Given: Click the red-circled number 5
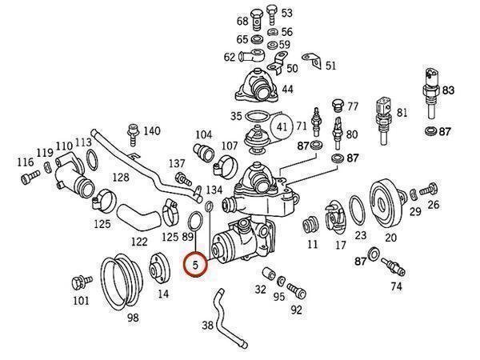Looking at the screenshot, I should tap(195, 263).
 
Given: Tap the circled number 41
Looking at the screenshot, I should tap(281, 126).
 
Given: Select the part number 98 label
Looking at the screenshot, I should tap(134, 318).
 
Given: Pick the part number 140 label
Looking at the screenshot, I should tap(151, 131).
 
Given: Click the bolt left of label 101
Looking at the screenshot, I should tap(79, 282).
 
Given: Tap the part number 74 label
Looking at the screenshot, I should tap(396, 285).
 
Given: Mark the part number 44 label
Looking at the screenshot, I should tap(287, 89).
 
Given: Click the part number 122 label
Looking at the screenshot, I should tap(139, 241).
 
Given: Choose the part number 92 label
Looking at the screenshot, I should tap(297, 310).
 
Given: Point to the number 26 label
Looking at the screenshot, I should tap(434, 205).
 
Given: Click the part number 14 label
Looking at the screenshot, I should tap(163, 294).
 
